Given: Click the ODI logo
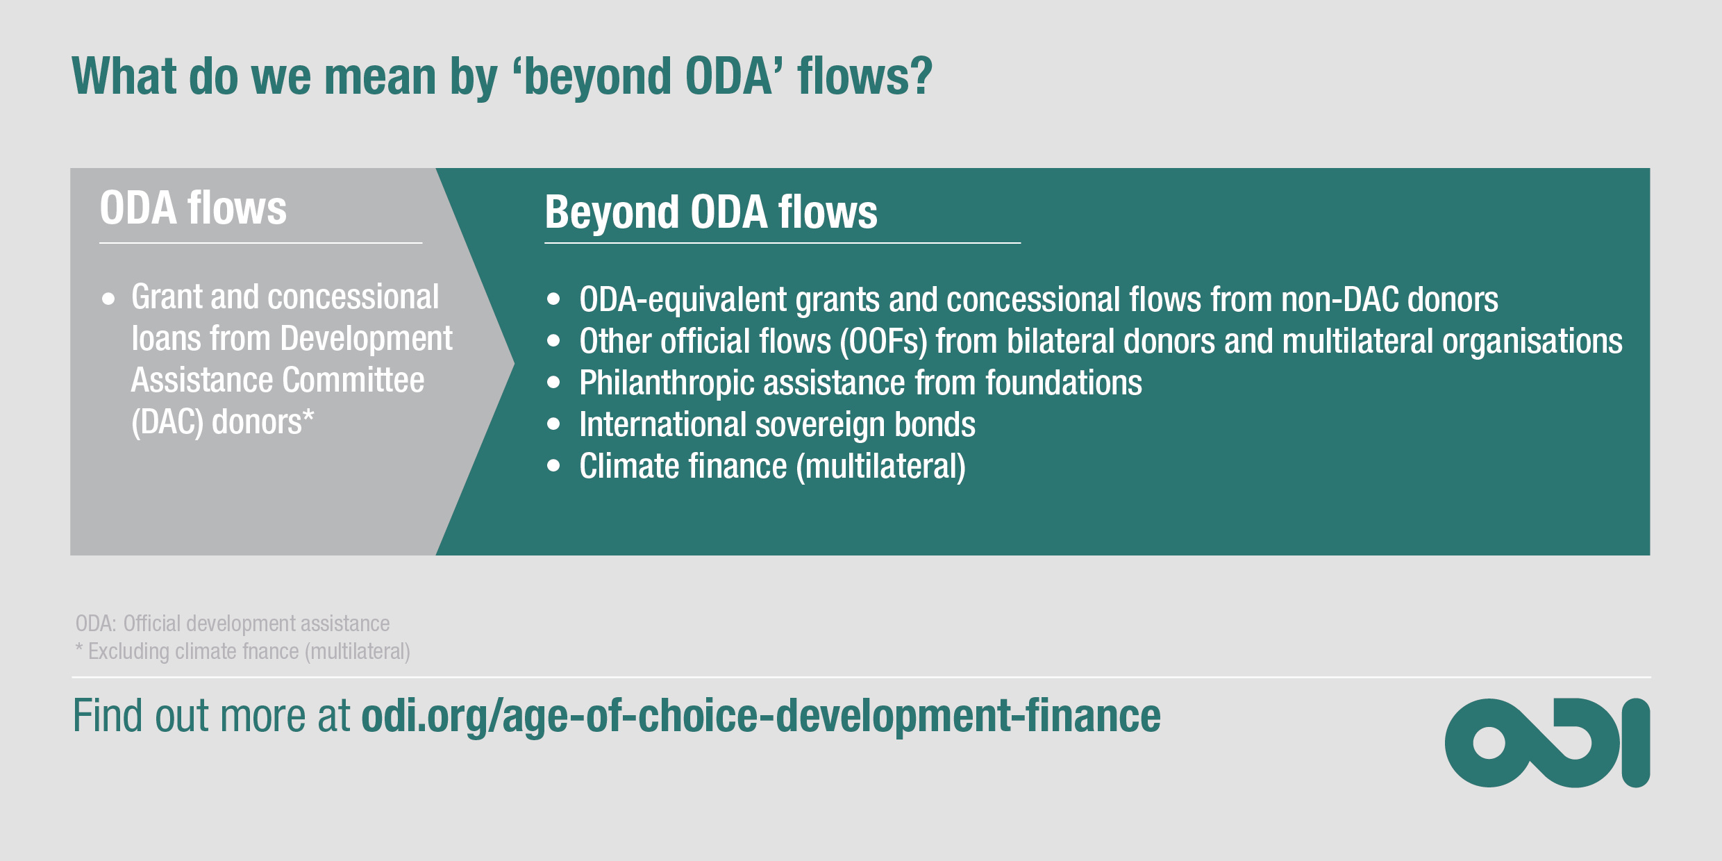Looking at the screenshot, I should tap(1547, 743).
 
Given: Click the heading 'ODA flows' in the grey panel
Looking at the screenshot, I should tap(193, 208).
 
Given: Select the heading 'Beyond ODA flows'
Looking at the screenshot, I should tap(710, 212).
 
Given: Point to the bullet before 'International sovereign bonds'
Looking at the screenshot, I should tap(553, 424).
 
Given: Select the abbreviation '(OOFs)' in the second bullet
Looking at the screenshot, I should tap(883, 342).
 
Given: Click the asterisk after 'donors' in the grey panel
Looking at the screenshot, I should tap(308, 417).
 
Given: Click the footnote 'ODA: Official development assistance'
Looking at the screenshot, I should tap(233, 624).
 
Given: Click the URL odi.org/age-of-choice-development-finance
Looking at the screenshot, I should tap(760, 717).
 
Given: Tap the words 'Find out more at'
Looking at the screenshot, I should tap(212, 717).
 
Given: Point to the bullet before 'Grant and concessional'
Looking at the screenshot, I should tap(108, 300).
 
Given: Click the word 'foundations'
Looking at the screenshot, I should tap(1063, 383).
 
